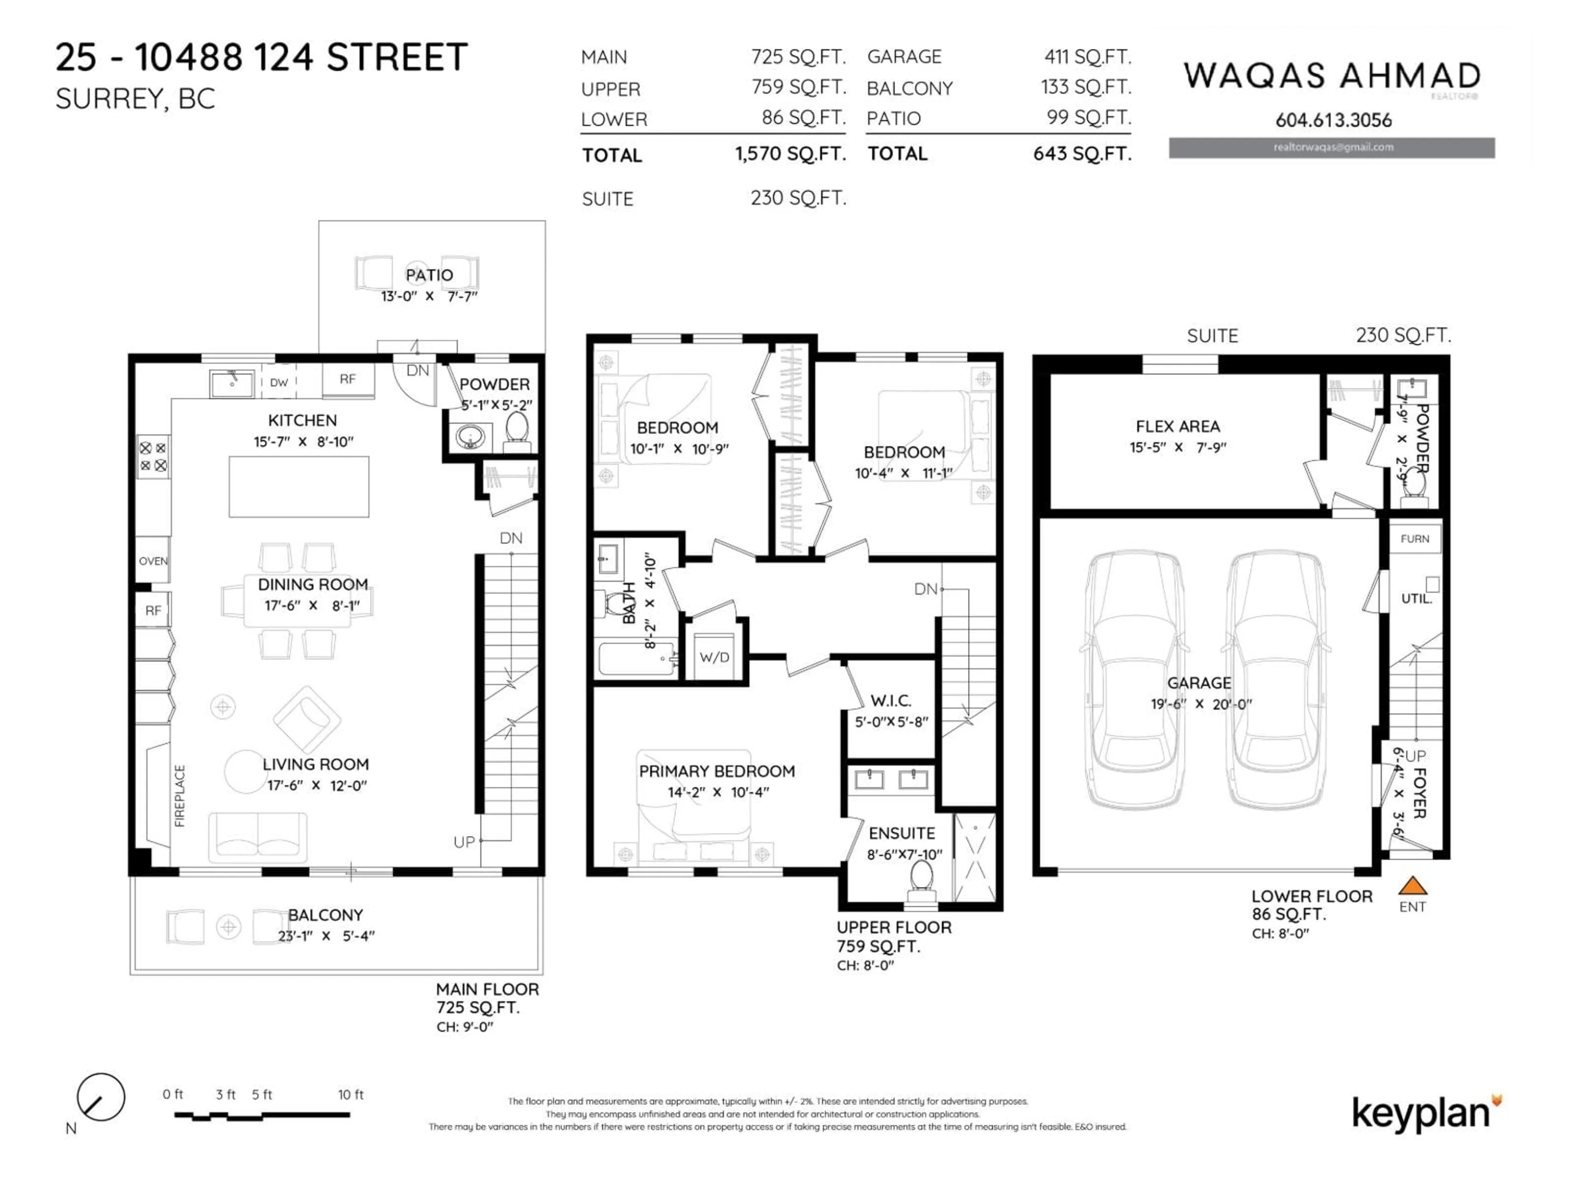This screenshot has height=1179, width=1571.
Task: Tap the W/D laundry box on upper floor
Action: pos(714,657)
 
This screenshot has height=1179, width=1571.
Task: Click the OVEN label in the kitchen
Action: pos(153,561)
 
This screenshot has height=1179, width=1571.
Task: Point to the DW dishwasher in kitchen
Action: pos(279,382)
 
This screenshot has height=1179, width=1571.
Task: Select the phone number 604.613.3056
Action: pos(1332,120)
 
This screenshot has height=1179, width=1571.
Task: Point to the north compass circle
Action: pos(101,1097)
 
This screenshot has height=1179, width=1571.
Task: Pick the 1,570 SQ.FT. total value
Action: pos(790,154)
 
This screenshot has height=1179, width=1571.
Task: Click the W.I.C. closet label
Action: pos(891,701)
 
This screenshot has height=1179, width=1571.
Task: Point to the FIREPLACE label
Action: pos(180,795)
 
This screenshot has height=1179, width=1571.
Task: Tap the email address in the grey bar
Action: pos(1332,147)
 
